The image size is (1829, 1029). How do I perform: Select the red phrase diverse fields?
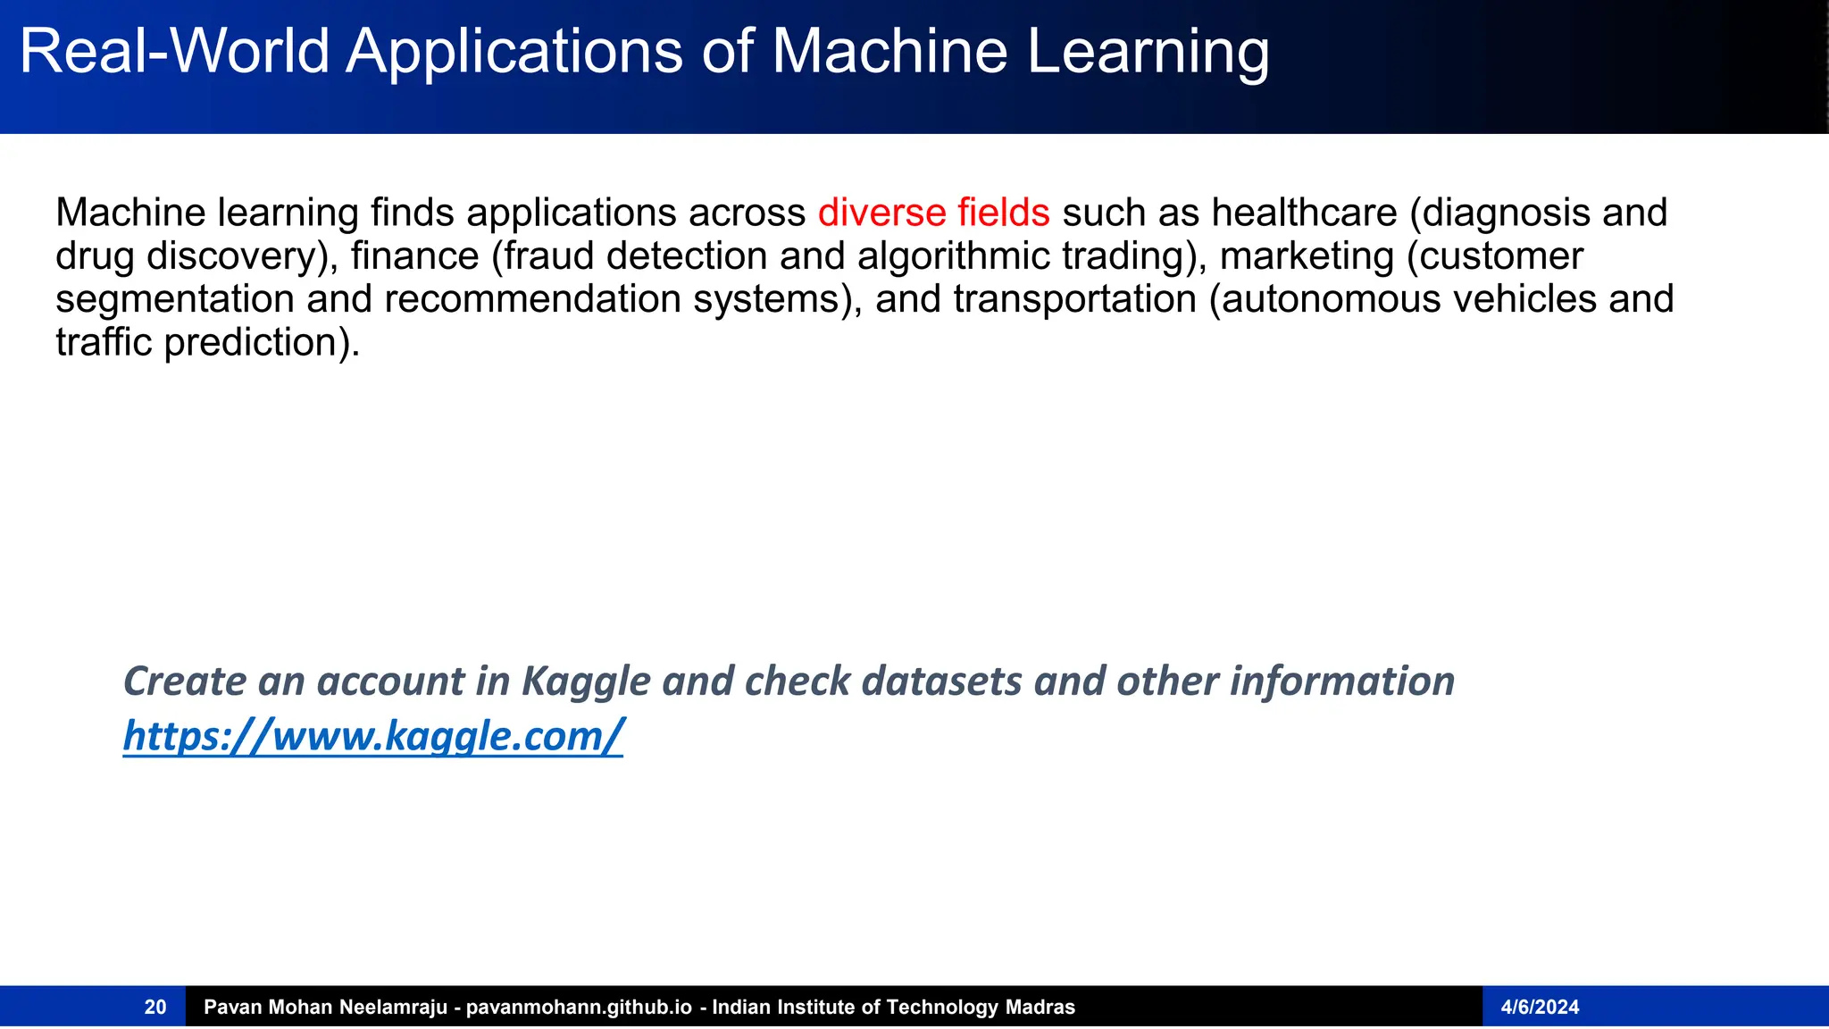[933, 213]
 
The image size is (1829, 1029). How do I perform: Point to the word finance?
[414, 256]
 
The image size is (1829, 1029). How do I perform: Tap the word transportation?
[1074, 299]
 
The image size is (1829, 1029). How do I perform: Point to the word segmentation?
[174, 299]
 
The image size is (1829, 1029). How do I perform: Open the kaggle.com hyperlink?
[372, 736]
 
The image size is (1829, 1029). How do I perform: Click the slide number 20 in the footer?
[155, 1008]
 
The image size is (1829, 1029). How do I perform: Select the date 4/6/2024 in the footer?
[1540, 1008]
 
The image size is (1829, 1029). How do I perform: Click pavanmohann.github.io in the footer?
[579, 1008]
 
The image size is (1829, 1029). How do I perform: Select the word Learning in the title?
[1148, 51]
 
